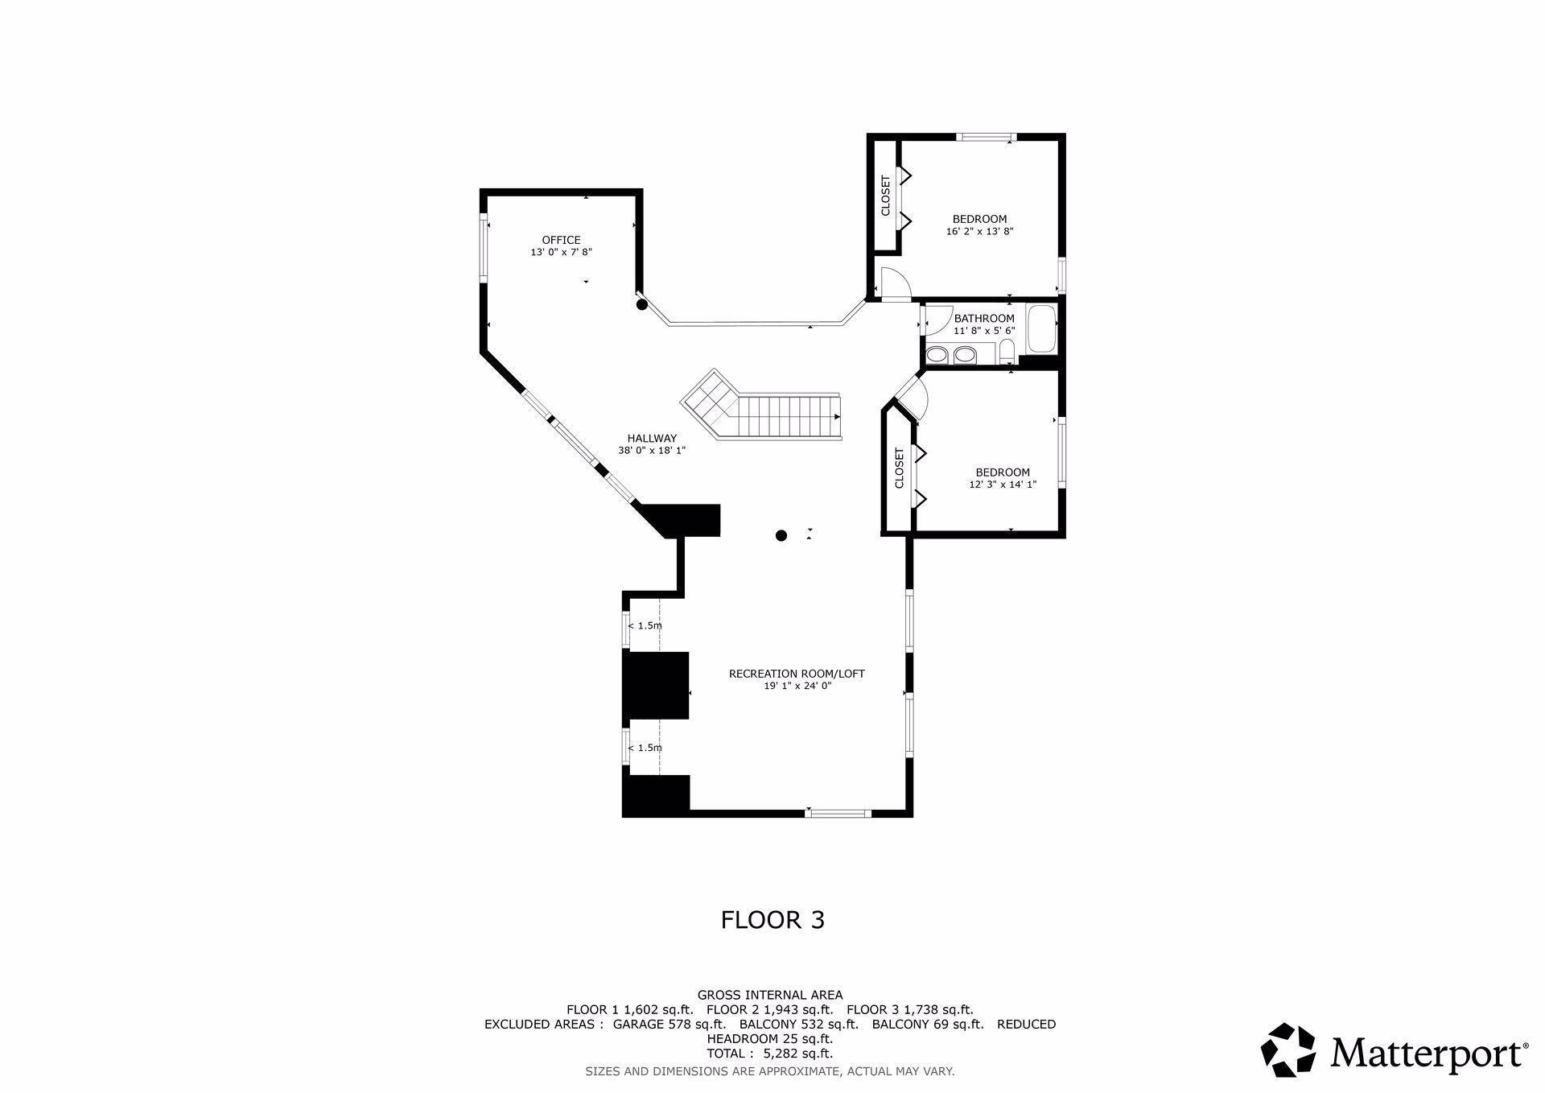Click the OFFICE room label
tap(561, 240)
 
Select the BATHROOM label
tap(984, 319)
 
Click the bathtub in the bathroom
tap(1041, 329)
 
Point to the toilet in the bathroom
tap(1007, 351)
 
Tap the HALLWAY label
tap(652, 439)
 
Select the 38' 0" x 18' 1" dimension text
tap(652, 451)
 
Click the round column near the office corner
tap(641, 304)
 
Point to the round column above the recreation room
tap(781, 535)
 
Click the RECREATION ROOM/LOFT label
tap(797, 674)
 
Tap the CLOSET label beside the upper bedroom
tap(886, 196)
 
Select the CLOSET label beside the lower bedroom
tap(899, 468)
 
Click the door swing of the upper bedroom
tap(895, 283)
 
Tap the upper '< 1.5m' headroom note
tap(645, 625)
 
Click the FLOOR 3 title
tap(772, 920)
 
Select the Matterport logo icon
tap(1288, 1049)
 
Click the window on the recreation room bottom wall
tap(838, 813)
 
